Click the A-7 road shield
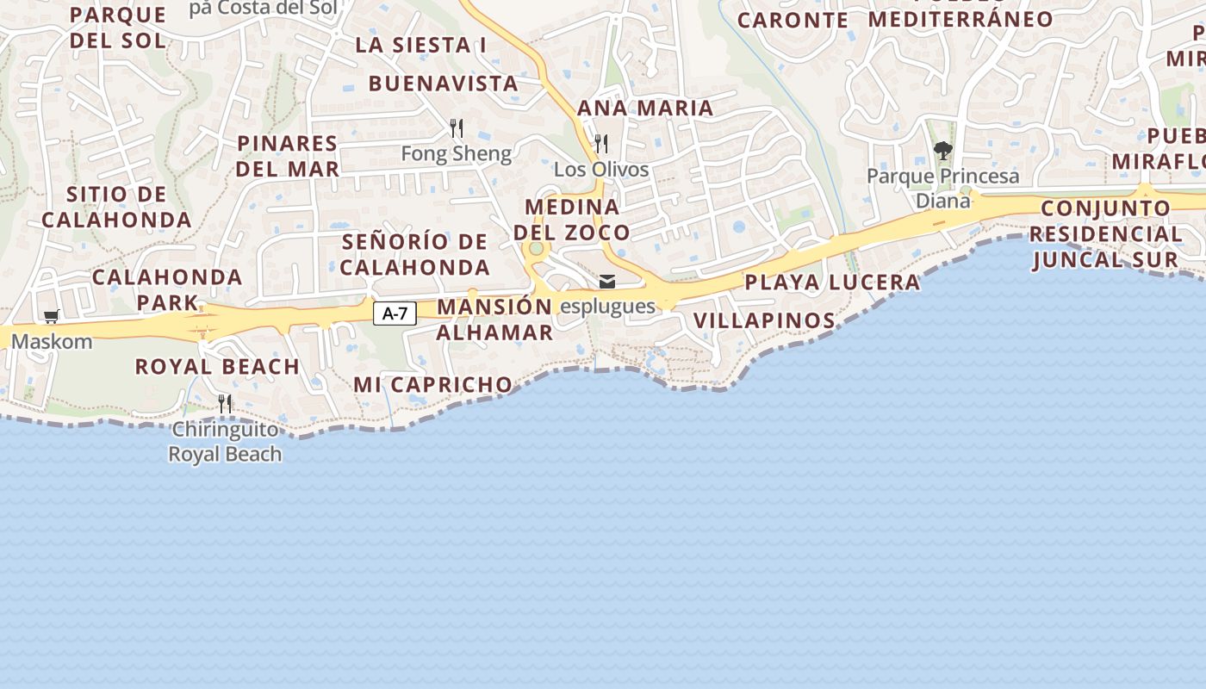point(395,313)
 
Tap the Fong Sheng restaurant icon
point(457,128)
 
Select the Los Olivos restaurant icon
point(601,143)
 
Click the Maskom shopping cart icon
point(52,317)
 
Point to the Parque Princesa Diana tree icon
point(943,151)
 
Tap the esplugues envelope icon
point(607,282)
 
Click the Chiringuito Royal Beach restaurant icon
point(225,403)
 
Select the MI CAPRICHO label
point(432,385)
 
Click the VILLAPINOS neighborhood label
point(764,321)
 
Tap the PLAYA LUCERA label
point(832,282)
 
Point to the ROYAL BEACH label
point(217,367)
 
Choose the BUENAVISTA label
point(443,84)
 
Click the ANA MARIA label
point(645,109)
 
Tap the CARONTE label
point(793,20)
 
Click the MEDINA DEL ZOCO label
point(572,220)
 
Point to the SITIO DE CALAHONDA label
point(116,207)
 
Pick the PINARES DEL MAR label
point(288,156)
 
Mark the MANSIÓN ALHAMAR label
point(494,320)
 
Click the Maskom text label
point(52,342)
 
